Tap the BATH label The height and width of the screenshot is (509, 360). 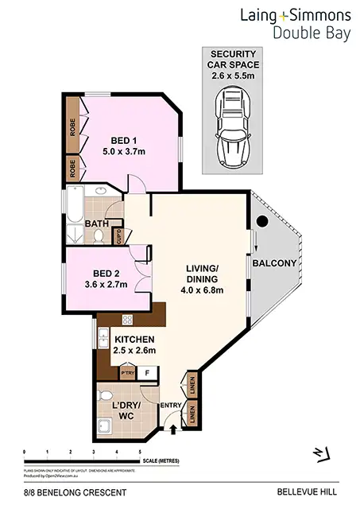pos(98,225)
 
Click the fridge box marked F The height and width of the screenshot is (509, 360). pos(148,371)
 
